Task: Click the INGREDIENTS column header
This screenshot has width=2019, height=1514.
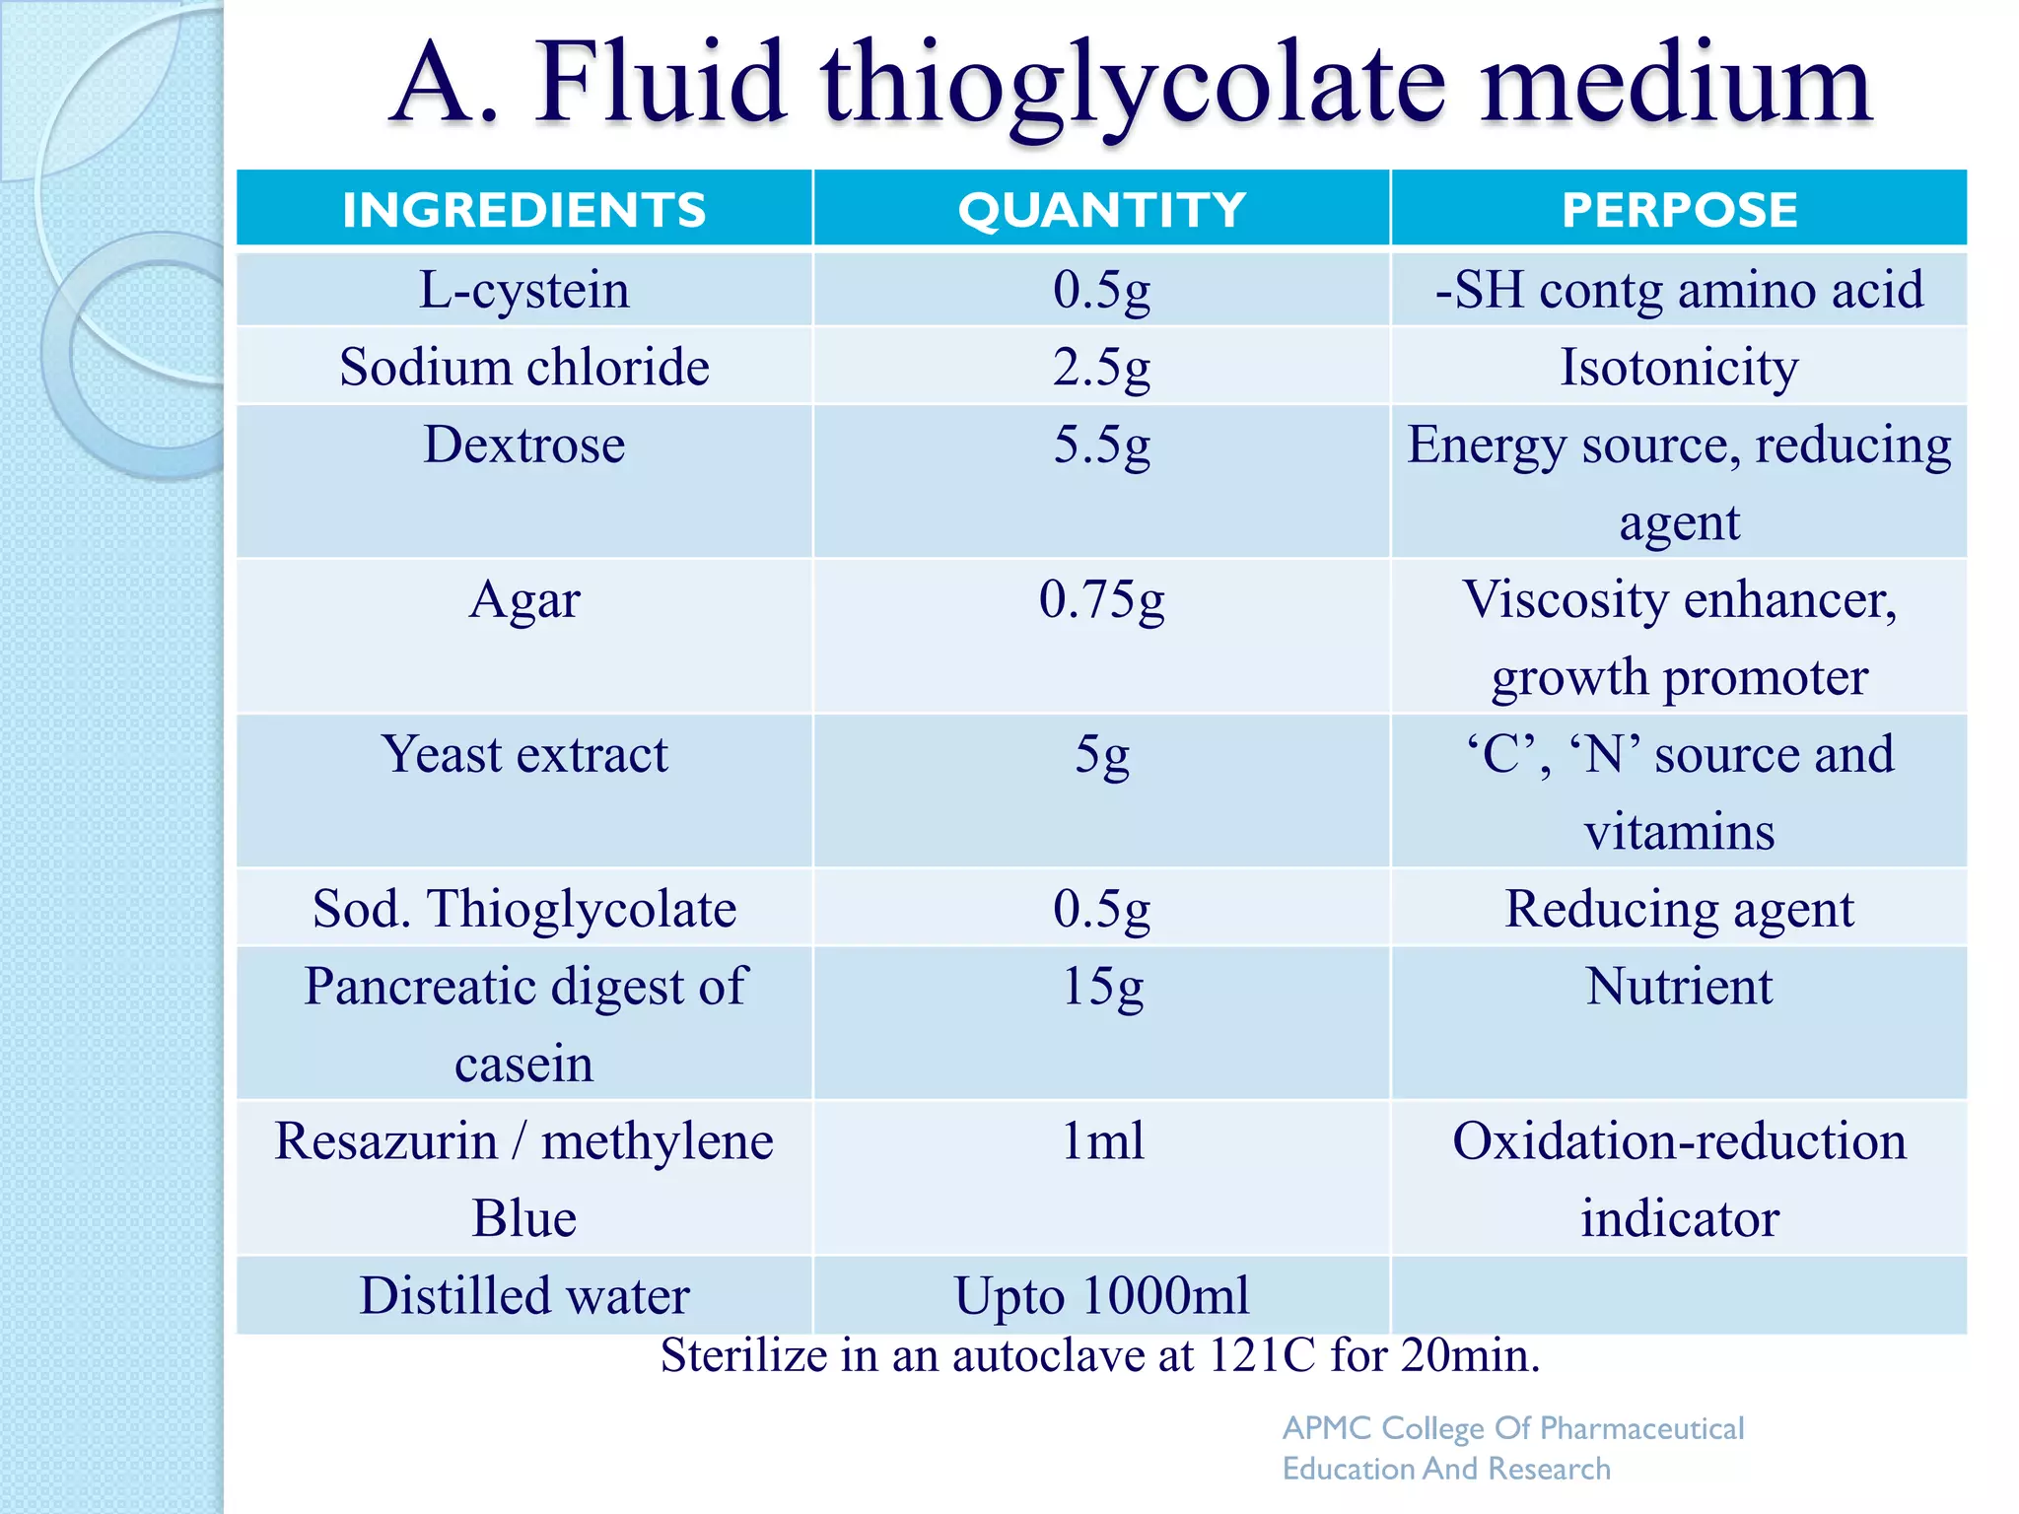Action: (524, 210)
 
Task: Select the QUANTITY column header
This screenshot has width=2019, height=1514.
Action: (1101, 210)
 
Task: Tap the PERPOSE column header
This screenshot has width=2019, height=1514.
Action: (1679, 210)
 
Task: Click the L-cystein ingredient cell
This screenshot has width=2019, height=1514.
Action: (524, 290)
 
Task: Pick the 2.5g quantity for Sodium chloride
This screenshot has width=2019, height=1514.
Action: (1101, 368)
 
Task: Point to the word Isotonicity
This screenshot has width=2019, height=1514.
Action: (1679, 368)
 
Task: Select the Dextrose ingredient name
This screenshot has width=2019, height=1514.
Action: (524, 445)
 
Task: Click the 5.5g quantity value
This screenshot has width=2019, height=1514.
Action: (1101, 445)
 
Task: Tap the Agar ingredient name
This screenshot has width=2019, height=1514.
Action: (524, 599)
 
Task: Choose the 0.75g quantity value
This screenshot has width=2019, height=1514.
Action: (1101, 599)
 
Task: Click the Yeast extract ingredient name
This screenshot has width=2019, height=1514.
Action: (524, 754)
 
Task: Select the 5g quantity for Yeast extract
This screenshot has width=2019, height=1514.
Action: (1101, 754)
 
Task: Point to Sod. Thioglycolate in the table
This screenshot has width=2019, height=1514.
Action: (524, 909)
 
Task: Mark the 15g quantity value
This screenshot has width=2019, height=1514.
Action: (1101, 986)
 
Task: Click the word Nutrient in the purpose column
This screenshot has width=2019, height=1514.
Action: (1679, 986)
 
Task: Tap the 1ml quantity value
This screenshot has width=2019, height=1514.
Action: (1101, 1140)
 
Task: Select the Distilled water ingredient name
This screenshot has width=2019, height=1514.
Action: (524, 1295)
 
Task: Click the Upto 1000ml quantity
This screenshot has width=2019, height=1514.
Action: (1101, 1295)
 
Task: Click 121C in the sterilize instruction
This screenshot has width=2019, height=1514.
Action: (1262, 1355)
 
